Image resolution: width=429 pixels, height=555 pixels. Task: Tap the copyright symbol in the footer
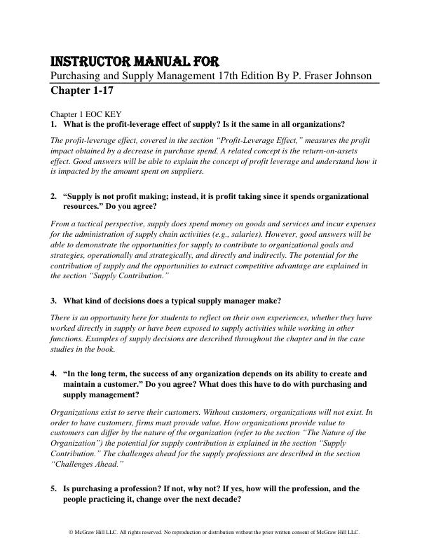pos(71,533)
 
